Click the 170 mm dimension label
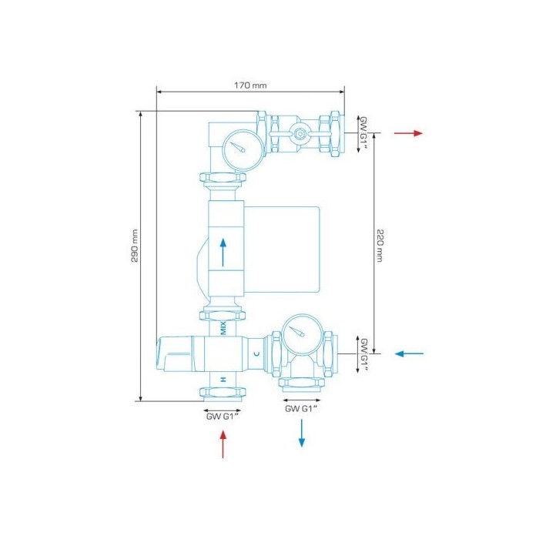(x=250, y=85)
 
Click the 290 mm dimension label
(x=135, y=246)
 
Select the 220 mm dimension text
(x=379, y=246)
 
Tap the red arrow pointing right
(x=408, y=133)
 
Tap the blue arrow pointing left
(x=409, y=353)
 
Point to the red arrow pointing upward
(x=223, y=444)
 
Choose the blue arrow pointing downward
(x=302, y=433)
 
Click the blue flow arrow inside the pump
(x=223, y=253)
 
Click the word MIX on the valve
(x=223, y=328)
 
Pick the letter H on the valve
(x=223, y=380)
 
